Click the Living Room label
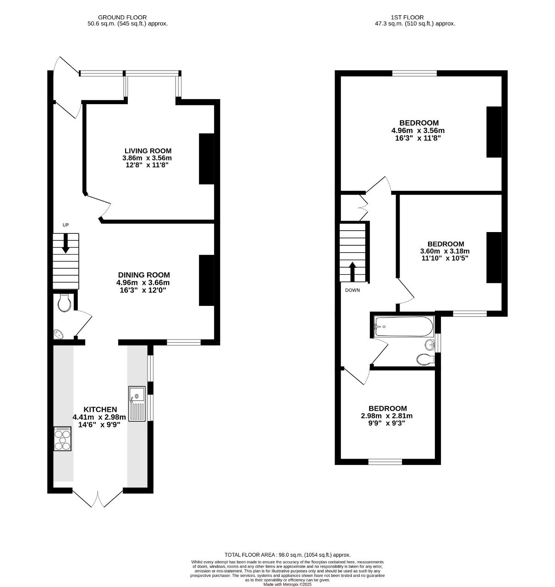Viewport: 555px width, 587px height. (x=148, y=151)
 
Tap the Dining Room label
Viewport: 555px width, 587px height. (x=144, y=275)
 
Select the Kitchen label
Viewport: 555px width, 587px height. (x=100, y=410)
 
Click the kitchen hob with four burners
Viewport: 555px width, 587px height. (x=63, y=438)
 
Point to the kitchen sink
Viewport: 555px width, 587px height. (x=137, y=404)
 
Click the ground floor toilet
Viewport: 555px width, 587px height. (x=64, y=303)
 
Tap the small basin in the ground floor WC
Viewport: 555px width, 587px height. (x=59, y=334)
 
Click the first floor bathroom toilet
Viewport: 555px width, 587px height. (x=425, y=360)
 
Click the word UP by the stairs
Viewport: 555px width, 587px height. (x=66, y=225)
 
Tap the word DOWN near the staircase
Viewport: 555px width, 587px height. (x=352, y=290)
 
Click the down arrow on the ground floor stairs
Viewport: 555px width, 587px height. (x=66, y=243)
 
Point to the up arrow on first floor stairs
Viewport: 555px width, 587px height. (x=352, y=271)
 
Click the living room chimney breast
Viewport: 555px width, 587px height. (x=207, y=159)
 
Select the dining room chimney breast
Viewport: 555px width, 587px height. (x=207, y=280)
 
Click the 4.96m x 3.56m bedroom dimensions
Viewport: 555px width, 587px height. (x=418, y=131)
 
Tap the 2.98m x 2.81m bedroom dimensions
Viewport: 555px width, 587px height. (x=387, y=415)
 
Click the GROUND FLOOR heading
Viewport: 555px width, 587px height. (x=122, y=17)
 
